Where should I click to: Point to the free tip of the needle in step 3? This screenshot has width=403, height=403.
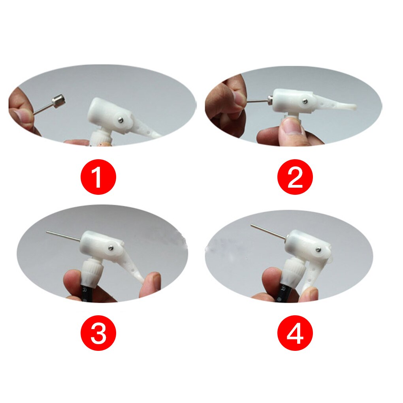(47, 232)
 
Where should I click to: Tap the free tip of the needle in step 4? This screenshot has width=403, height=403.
(251, 226)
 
